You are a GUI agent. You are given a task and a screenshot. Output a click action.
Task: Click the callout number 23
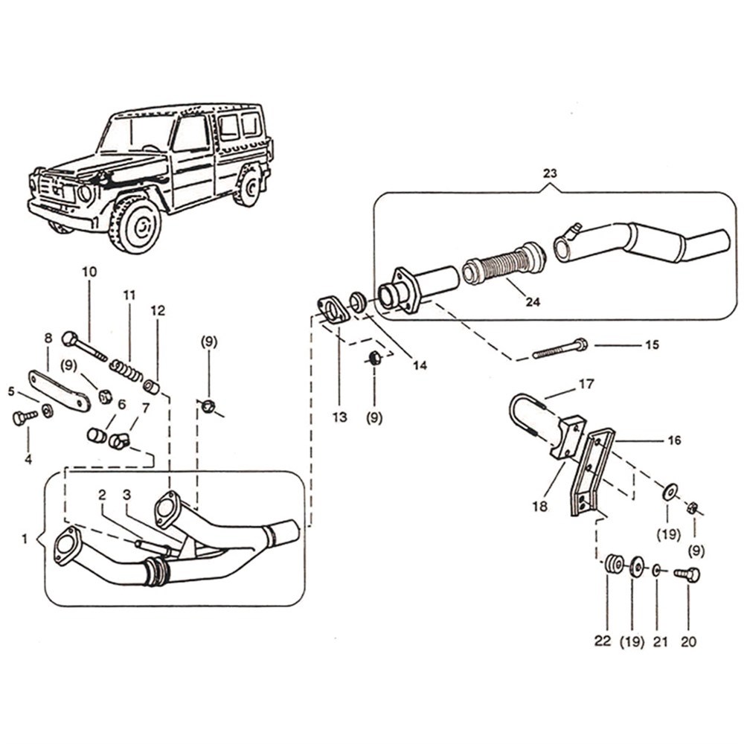pos(550,173)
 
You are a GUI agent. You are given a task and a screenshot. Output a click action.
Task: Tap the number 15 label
pos(652,344)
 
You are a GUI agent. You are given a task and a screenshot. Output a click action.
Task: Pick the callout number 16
pos(674,440)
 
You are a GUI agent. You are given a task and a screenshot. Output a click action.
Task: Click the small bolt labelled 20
pos(688,574)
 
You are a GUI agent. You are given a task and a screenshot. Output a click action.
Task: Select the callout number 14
pos(420,365)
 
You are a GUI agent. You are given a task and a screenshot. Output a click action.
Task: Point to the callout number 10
pos(89,272)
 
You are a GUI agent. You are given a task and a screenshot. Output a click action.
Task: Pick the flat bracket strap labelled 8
pos(60,389)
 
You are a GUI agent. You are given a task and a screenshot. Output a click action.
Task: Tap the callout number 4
pos(28,459)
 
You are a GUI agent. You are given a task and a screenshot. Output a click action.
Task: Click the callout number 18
pos(539,506)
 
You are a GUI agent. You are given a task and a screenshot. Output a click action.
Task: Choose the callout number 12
pos(158,310)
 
